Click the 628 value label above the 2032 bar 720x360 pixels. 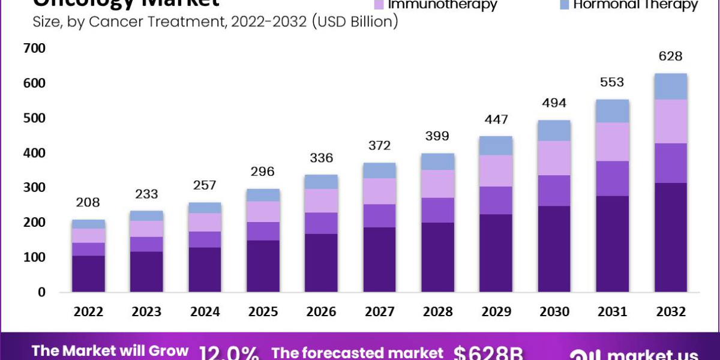point(670,56)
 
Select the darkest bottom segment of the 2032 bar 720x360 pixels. point(670,237)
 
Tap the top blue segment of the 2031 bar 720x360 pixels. point(612,111)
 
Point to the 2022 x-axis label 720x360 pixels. point(88,312)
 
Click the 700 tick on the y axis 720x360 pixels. point(34,48)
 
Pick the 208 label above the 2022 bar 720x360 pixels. point(88,202)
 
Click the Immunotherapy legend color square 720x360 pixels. point(379,4)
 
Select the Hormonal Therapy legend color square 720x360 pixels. point(563,4)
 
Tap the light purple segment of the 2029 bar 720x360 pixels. point(496,171)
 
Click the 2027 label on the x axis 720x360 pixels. point(379,312)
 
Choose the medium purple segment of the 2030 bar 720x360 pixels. point(554,191)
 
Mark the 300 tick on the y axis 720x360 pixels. point(34,188)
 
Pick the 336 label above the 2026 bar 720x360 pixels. point(321,158)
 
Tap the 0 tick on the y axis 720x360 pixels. point(41,292)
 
